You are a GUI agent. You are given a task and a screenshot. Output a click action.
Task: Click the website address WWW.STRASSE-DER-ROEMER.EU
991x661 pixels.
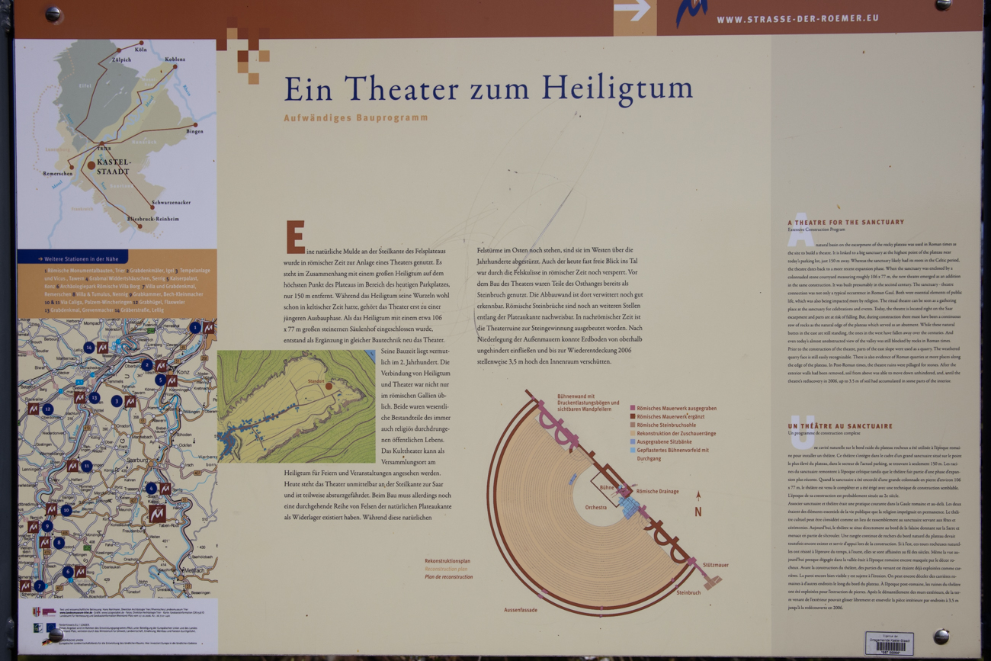coord(797,18)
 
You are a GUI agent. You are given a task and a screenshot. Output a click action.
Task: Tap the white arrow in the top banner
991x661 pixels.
coord(632,10)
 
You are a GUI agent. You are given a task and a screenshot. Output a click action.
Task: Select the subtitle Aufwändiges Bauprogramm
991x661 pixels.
coord(356,118)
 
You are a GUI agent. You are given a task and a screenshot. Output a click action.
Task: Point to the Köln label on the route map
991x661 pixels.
coord(140,50)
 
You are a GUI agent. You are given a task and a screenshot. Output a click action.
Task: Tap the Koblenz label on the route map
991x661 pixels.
coord(175,59)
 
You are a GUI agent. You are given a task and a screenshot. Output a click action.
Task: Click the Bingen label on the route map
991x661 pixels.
coord(194,131)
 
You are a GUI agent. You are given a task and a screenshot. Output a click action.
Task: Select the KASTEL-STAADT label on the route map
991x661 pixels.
coord(114,167)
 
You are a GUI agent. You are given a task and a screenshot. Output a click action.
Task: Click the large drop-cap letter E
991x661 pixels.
coord(295,237)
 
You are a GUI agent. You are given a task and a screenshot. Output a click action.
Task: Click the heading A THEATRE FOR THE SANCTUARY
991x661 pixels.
coord(846,222)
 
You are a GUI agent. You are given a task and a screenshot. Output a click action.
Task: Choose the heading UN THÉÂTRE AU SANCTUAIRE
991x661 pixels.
coord(840,426)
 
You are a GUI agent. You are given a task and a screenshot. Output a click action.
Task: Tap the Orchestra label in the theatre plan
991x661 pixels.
coord(596,507)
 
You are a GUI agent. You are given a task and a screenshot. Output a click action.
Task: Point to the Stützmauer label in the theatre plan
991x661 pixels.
coord(715,565)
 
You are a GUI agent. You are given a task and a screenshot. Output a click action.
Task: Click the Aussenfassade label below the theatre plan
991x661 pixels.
coord(521,610)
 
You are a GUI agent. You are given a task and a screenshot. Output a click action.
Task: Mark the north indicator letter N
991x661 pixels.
coord(698,512)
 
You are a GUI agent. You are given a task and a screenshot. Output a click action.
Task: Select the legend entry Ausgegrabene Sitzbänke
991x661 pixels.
coord(665,441)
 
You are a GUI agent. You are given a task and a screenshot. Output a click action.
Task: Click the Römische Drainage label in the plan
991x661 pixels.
coord(657,492)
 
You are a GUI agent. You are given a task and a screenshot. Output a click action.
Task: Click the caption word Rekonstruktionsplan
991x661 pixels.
coord(447,561)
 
